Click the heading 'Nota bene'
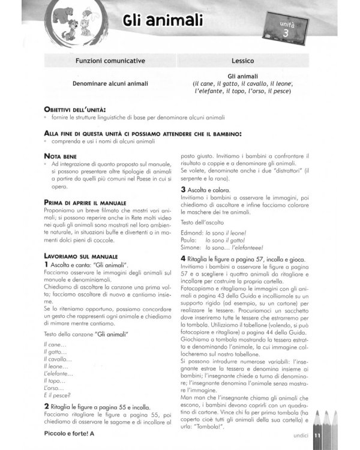[x=61, y=155]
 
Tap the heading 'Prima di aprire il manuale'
[x=85, y=203]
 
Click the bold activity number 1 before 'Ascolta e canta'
[x=46, y=265]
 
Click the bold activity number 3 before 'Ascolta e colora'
[x=183, y=190]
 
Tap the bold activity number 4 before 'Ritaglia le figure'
[x=183, y=258]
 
